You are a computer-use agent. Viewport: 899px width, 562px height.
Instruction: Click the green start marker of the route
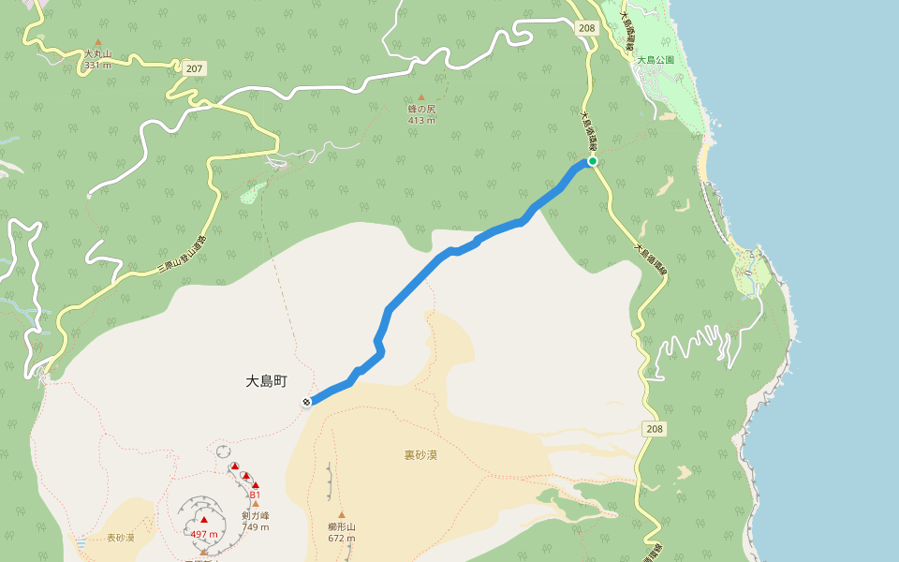593,161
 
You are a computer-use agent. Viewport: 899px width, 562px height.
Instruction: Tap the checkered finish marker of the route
306,402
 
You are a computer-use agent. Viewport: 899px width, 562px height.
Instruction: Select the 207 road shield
194,69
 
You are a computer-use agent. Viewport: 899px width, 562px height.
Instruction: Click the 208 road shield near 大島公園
587,28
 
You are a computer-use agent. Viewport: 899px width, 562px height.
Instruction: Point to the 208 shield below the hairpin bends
654,429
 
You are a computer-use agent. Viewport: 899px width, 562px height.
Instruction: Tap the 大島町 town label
266,382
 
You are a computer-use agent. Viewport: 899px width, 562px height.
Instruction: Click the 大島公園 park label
656,60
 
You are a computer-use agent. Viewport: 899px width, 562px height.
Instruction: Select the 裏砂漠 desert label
420,455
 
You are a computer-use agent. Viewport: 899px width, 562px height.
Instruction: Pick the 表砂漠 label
120,538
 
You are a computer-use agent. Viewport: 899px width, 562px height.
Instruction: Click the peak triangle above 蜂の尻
421,97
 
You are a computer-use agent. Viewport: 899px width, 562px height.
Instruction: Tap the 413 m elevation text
421,120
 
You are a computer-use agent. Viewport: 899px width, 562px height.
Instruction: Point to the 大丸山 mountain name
97,54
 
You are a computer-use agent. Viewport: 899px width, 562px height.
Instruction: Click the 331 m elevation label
97,66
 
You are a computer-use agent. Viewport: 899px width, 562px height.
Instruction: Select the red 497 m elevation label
204,534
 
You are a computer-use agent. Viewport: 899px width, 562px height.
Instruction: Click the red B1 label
255,495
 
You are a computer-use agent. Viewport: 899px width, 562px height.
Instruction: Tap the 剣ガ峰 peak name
255,515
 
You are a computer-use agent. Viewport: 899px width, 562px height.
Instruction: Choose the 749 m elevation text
255,526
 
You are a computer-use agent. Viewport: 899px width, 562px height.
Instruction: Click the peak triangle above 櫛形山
342,514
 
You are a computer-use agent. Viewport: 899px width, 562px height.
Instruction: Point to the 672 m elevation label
342,538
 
